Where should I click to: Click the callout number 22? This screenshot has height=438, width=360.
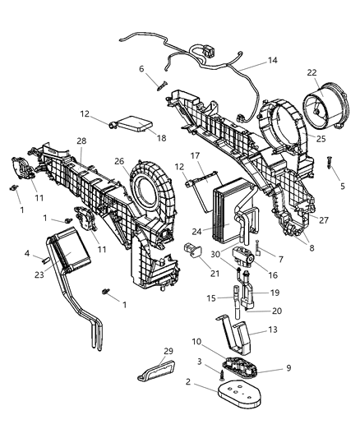(312, 73)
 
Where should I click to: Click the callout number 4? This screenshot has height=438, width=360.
(26, 254)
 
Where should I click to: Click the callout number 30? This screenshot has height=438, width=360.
(215, 254)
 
